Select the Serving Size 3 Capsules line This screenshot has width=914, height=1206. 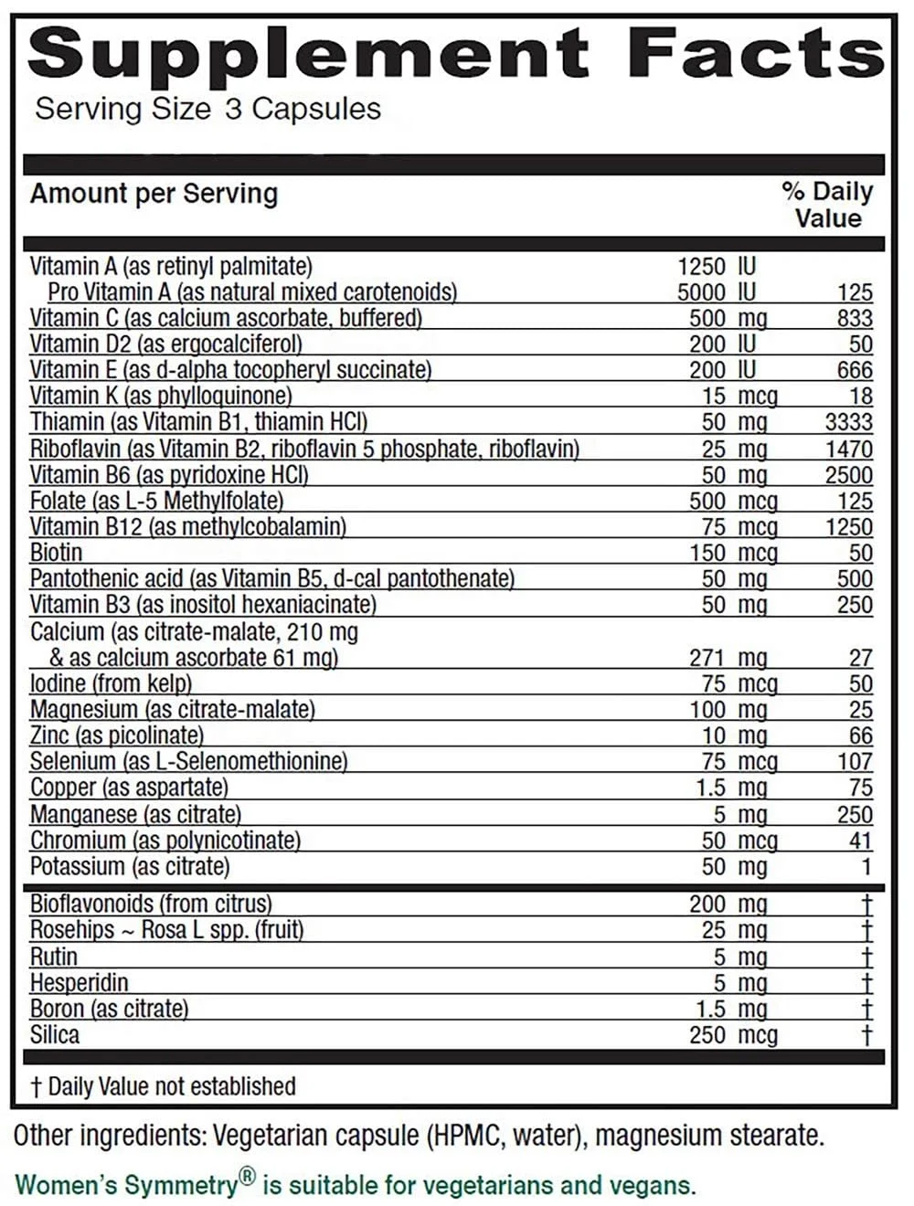[x=207, y=109]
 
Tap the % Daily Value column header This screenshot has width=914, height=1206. [x=827, y=205]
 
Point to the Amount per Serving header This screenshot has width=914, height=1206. [x=154, y=194]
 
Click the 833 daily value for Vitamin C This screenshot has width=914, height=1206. [x=855, y=318]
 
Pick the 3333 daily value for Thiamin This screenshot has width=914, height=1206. [x=848, y=422]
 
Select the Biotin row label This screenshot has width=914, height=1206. [x=56, y=553]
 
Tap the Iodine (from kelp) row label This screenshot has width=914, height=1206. [x=111, y=683]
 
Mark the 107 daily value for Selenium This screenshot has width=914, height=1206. [x=855, y=761]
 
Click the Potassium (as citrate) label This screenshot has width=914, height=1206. [x=130, y=866]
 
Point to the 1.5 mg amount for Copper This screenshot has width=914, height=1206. [x=731, y=788]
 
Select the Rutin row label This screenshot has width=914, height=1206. [x=54, y=957]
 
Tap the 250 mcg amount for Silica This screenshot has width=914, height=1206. [x=733, y=1035]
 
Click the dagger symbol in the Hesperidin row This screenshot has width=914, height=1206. [x=866, y=983]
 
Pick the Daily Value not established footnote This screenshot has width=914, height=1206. [x=163, y=1086]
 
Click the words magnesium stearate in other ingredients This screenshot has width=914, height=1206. [x=710, y=1136]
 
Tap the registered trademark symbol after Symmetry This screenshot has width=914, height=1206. [x=248, y=1179]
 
